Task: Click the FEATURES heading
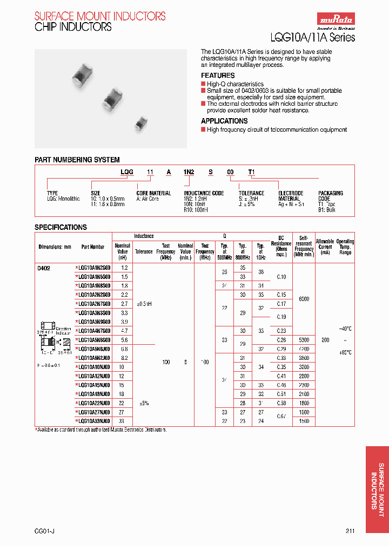click(x=218, y=76)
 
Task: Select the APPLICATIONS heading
click(x=224, y=121)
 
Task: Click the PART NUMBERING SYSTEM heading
click(x=77, y=160)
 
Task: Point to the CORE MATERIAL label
click(x=153, y=193)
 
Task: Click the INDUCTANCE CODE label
click(x=204, y=193)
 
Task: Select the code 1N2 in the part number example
click(x=189, y=172)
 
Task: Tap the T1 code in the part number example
click(x=251, y=172)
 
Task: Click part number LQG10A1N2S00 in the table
click(x=94, y=268)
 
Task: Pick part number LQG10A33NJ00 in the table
click(x=94, y=420)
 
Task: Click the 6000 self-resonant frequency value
click(x=304, y=299)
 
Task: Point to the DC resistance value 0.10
click(x=281, y=276)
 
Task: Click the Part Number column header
click(x=93, y=247)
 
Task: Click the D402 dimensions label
click(x=43, y=268)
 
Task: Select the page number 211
click(x=350, y=531)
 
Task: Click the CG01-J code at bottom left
click(x=44, y=531)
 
